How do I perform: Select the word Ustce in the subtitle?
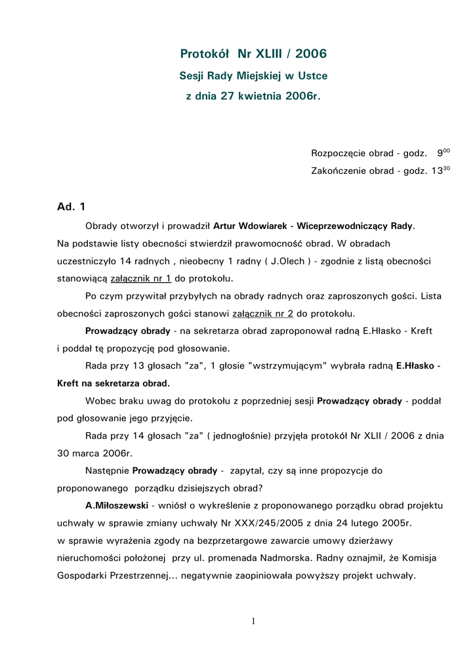point(313,76)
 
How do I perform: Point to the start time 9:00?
point(443,153)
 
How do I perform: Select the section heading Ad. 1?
point(72,207)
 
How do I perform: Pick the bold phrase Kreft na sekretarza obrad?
point(114,383)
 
